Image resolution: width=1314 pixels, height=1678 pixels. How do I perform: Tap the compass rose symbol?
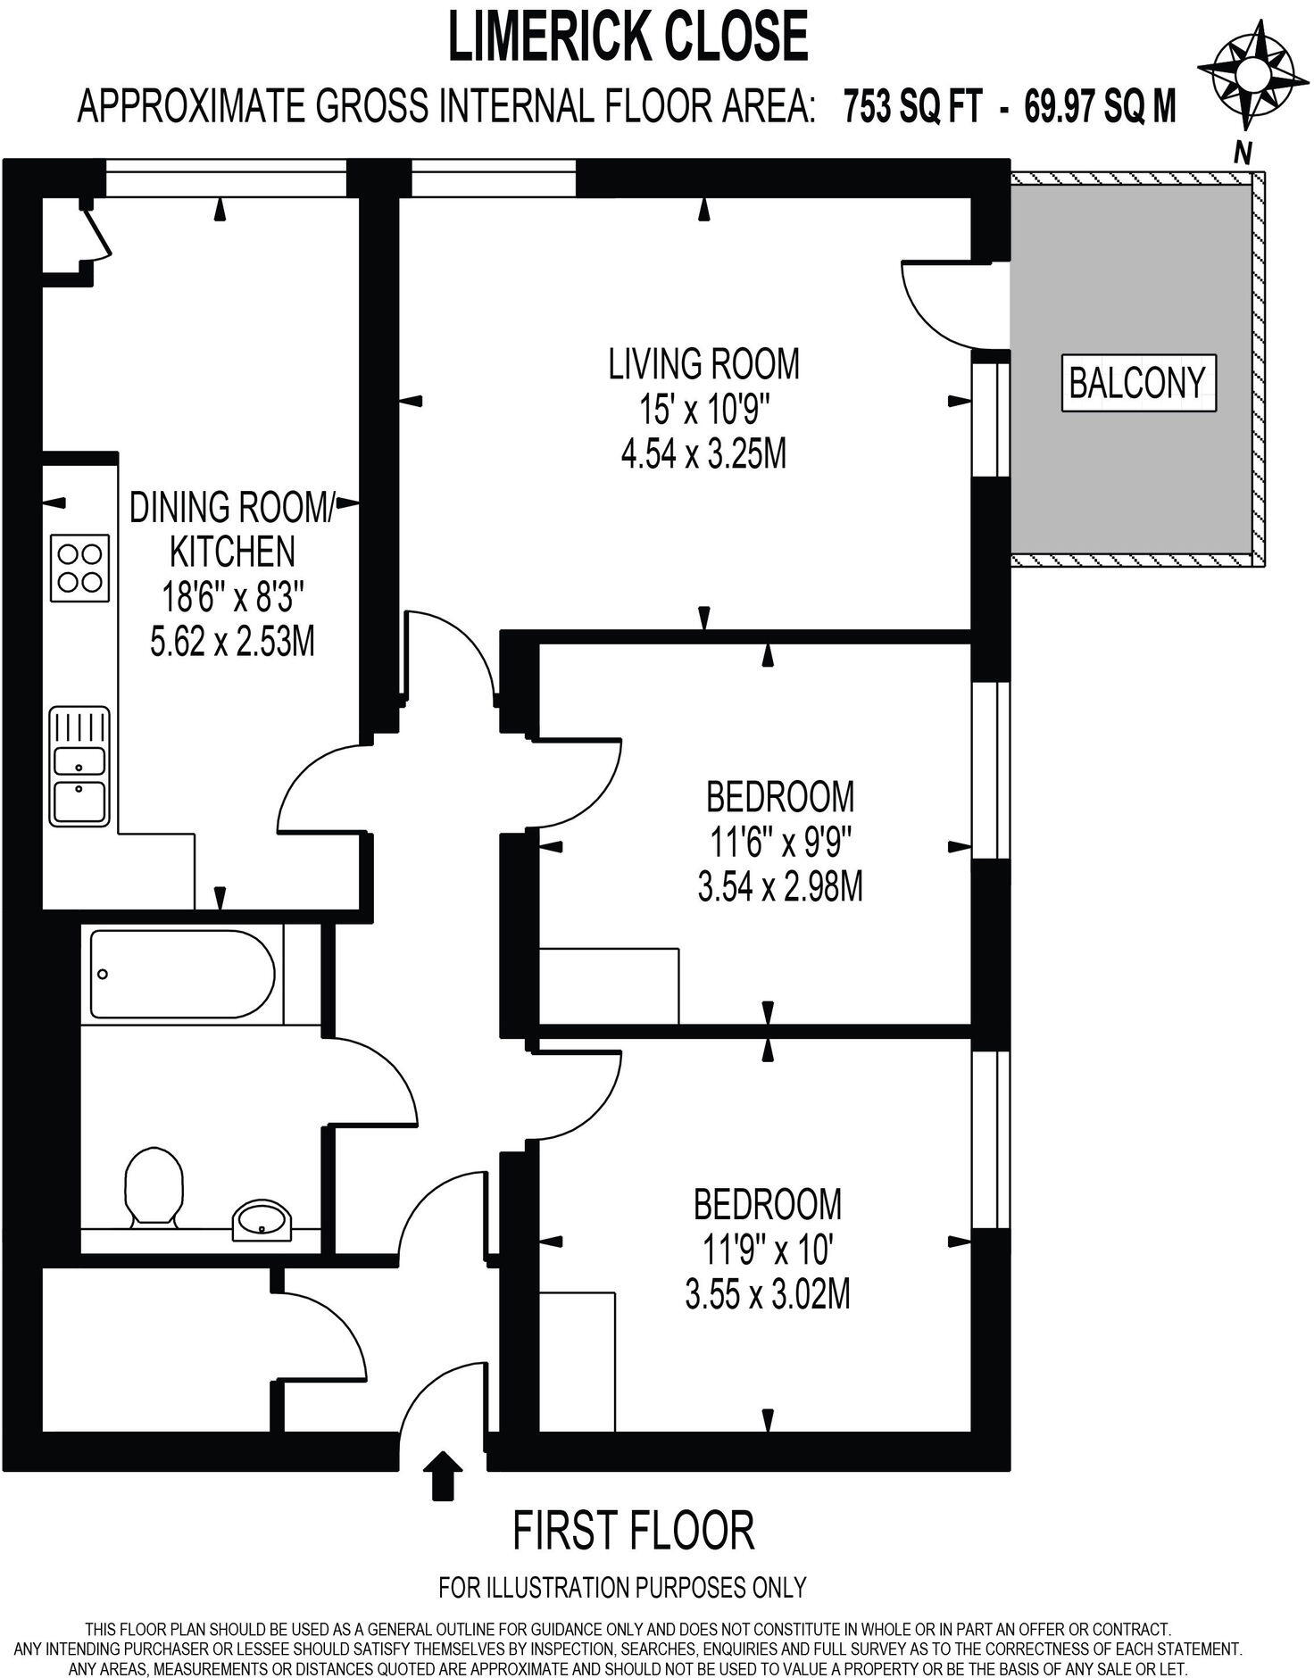coord(1245,75)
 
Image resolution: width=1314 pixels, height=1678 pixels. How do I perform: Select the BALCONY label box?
coord(1136,384)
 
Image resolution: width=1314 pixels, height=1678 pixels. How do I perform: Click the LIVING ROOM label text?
coord(703,364)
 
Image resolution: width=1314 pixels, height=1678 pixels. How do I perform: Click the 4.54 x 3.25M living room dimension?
coord(703,455)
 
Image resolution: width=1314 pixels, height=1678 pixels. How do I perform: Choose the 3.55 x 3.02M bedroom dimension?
coord(767,1294)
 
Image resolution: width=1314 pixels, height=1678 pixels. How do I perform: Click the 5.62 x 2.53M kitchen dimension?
coord(232,642)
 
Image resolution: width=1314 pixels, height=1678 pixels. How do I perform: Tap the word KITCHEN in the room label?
coord(232,552)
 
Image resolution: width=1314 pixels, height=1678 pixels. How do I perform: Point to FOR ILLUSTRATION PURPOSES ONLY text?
coord(622,1587)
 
